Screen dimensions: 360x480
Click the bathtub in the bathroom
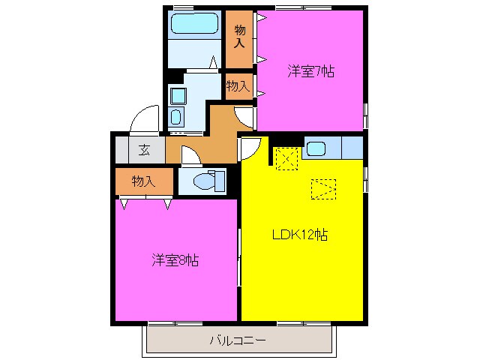pyautogui.click(x=193, y=24)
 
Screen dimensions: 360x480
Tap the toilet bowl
pyautogui.click(x=202, y=181)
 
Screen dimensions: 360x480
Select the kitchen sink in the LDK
pyautogui.click(x=316, y=148)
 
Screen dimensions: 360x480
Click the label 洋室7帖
pyautogui.click(x=310, y=72)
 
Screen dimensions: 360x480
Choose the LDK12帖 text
pyautogui.click(x=299, y=234)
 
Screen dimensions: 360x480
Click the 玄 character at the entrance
pyautogui.click(x=142, y=148)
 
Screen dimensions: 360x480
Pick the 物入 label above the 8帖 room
pyautogui.click(x=142, y=181)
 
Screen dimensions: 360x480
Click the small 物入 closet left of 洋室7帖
pyautogui.click(x=238, y=85)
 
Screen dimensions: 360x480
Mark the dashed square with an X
pyautogui.click(x=286, y=158)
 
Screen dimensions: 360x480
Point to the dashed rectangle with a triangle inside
pyautogui.click(x=324, y=189)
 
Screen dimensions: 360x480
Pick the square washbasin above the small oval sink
pyautogui.click(x=177, y=95)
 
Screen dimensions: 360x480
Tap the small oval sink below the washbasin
pyautogui.click(x=176, y=116)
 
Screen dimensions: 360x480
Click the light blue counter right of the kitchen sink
pyautogui.click(x=352, y=148)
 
